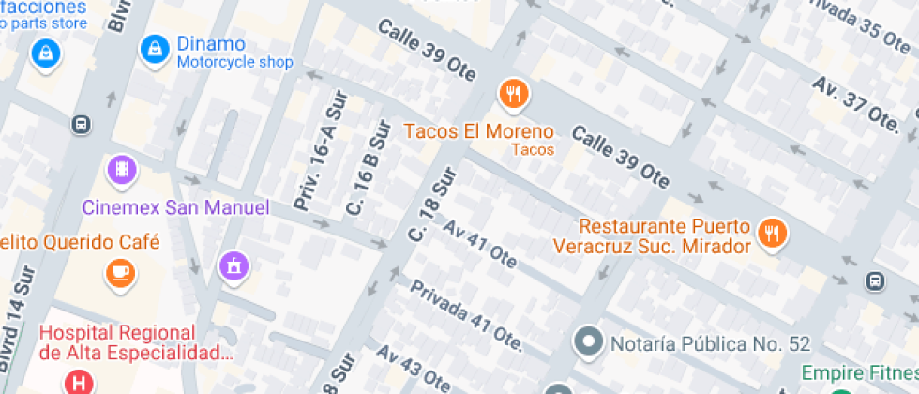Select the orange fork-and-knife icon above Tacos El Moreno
coord(512,94)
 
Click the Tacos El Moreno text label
coord(478,131)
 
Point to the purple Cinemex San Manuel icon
coord(122,171)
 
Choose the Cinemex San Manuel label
coord(175,207)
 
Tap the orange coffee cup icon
coord(120,273)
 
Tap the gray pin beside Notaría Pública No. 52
coord(589,342)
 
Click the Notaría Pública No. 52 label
coord(710,343)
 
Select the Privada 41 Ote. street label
coord(465,315)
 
